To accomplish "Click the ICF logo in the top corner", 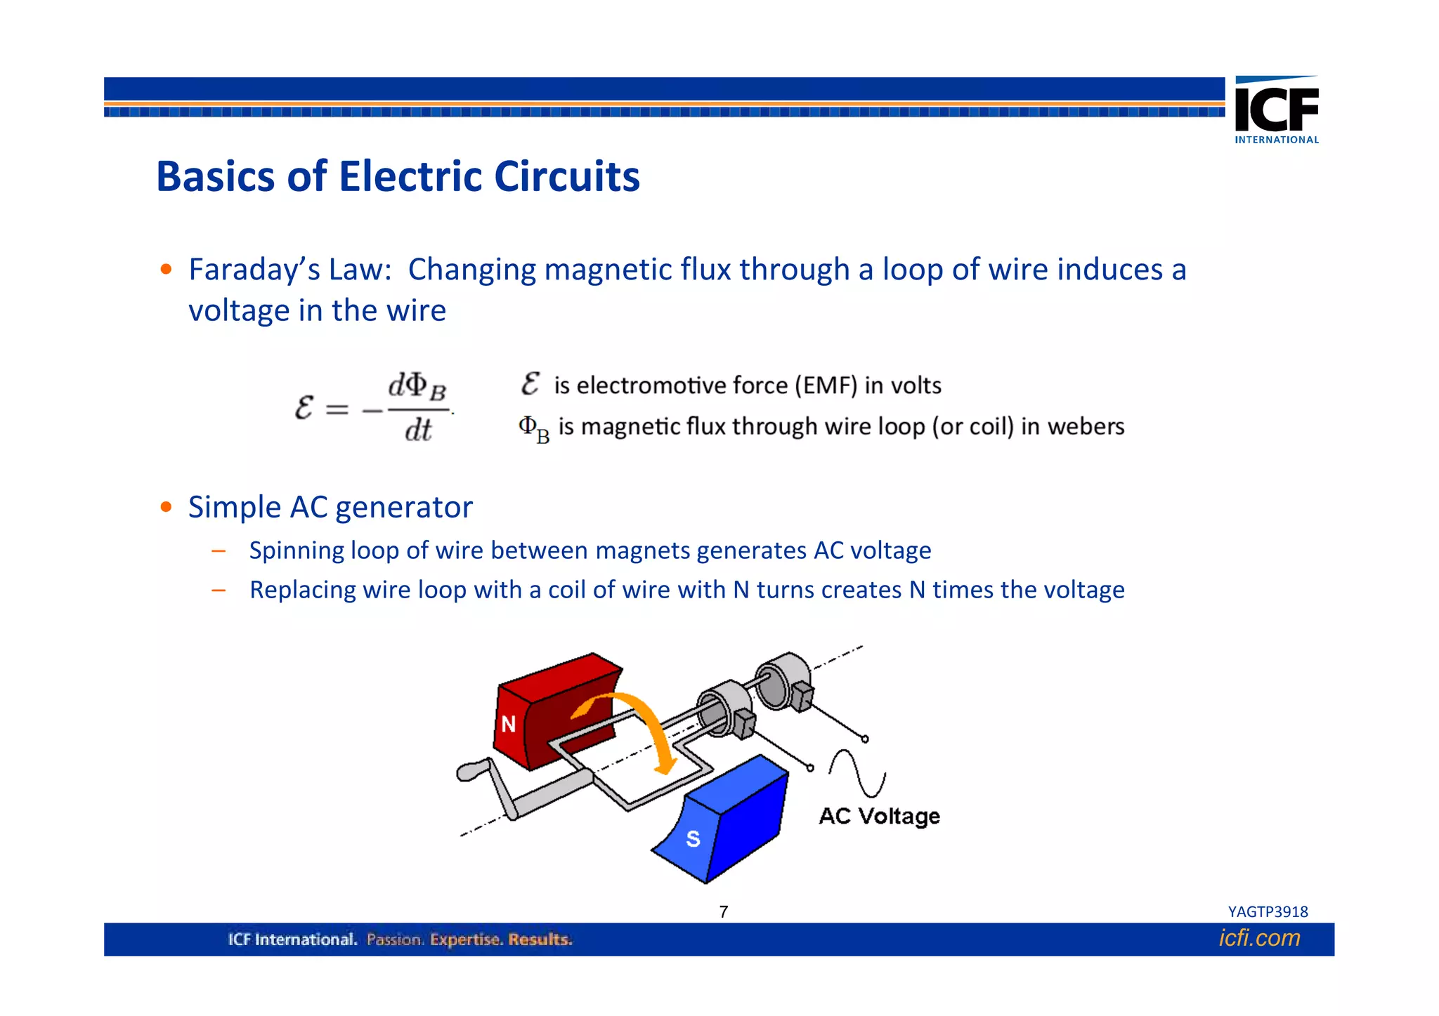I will coord(1276,108).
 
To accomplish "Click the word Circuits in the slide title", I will coord(566,176).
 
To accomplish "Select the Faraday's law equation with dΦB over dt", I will coord(374,408).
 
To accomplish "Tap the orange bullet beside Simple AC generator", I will coord(166,507).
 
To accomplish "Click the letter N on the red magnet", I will coord(509,723).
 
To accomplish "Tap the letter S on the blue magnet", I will coord(693,838).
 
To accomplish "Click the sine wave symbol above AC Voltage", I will coord(857,773).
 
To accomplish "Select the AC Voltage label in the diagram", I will coord(879,817).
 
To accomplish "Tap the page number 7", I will coord(724,912).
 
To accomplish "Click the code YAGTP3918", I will coord(1268,912).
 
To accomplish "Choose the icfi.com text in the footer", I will coord(1259,938).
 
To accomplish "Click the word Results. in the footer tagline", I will coord(540,939).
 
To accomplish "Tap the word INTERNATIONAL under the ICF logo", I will coord(1277,140).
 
